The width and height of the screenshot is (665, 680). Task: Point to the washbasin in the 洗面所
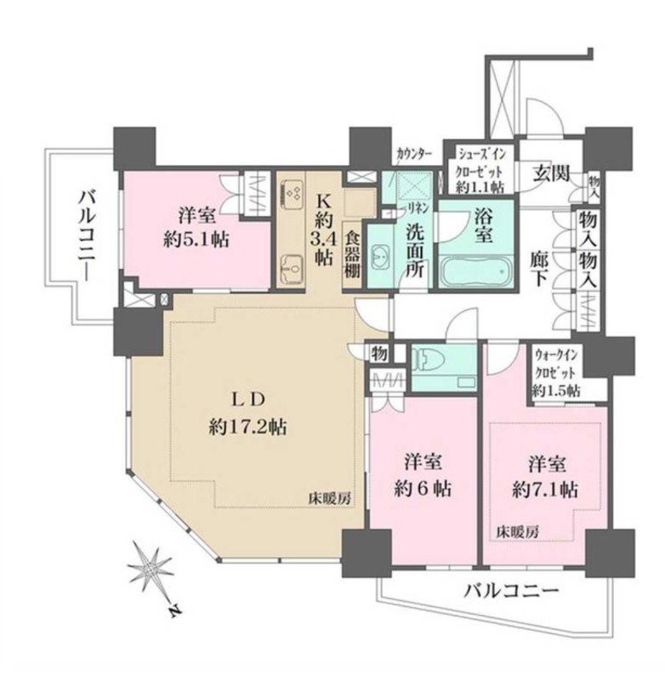pos(383,253)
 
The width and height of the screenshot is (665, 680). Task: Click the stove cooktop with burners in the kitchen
pos(293,195)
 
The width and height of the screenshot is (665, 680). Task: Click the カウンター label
pos(414,154)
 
